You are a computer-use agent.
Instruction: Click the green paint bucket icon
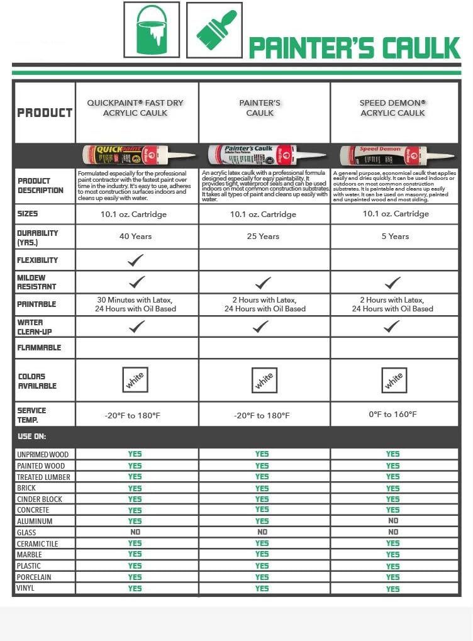pyautogui.click(x=152, y=30)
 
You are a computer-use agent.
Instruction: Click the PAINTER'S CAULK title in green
pyautogui.click(x=354, y=48)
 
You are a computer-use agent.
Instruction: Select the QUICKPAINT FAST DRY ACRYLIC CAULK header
pyautogui.click(x=136, y=108)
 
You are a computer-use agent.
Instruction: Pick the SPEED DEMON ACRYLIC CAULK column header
pyautogui.click(x=392, y=108)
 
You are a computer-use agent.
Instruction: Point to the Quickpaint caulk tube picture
pyautogui.click(x=134, y=153)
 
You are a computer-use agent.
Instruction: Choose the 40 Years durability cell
pyautogui.click(x=135, y=237)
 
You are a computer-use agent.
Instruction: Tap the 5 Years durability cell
pyautogui.click(x=392, y=237)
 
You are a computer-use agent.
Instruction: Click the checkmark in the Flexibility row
pyautogui.click(x=135, y=260)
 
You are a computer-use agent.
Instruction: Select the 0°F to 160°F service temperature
pyautogui.click(x=392, y=415)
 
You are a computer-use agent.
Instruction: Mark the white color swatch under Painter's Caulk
pyautogui.click(x=264, y=379)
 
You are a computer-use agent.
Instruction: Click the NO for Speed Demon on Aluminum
pyautogui.click(x=392, y=521)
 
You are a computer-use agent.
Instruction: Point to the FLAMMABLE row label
pyautogui.click(x=40, y=347)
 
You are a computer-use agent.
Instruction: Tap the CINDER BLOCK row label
pyautogui.click(x=40, y=499)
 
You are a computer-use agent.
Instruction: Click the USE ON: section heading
pyautogui.click(x=32, y=436)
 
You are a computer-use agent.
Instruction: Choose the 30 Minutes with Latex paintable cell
pyautogui.click(x=135, y=304)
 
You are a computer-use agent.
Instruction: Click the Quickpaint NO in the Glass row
pyautogui.click(x=135, y=532)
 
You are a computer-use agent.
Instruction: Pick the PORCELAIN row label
pyautogui.click(x=35, y=577)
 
